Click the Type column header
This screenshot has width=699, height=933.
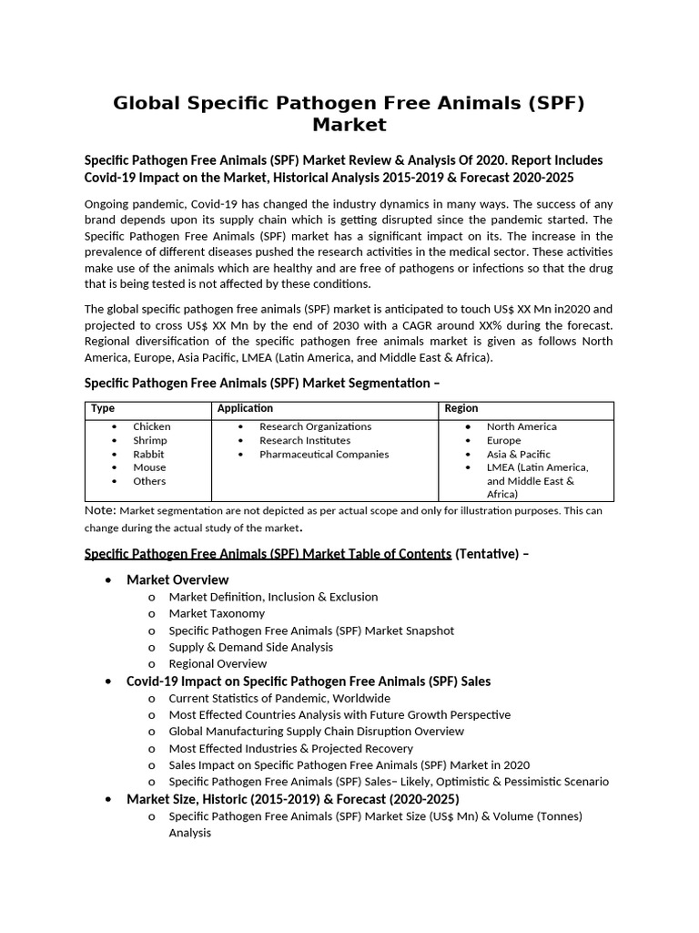[x=103, y=409]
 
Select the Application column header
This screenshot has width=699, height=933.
[x=245, y=409]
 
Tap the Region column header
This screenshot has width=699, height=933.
[x=461, y=409]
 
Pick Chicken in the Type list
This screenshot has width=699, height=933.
[x=151, y=426]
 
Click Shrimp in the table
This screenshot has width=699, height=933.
[x=149, y=440]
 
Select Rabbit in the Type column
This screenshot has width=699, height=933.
[x=148, y=454]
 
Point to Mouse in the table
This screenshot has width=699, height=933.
[x=149, y=467]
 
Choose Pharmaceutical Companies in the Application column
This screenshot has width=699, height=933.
[x=323, y=454]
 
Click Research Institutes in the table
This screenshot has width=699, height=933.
[x=304, y=440]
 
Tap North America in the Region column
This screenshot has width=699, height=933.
[x=522, y=426]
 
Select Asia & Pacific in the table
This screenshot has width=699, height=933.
[x=518, y=454]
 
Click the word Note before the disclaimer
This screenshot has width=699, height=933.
[x=99, y=510]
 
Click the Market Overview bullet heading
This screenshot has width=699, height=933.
[x=177, y=579]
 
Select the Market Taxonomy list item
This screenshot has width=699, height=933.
[x=217, y=613]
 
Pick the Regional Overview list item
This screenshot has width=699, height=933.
[x=218, y=663]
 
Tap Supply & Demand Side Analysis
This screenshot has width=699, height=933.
[x=250, y=647]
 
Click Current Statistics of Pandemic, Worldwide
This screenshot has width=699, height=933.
[x=279, y=698]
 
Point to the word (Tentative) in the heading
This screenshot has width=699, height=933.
[x=487, y=554]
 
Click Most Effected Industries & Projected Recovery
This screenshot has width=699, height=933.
[x=290, y=748]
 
